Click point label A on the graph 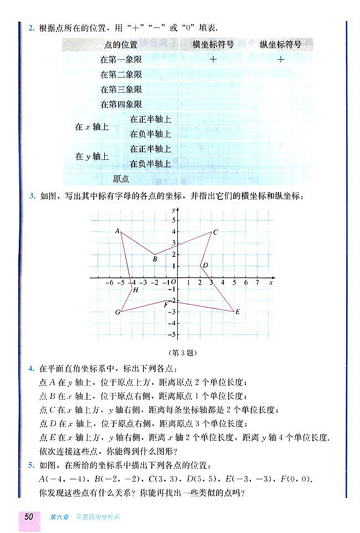pyautogui.click(x=117, y=231)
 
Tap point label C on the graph pyautogui.click(x=215, y=232)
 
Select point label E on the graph pyautogui.click(x=238, y=312)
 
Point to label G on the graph pyautogui.click(x=117, y=313)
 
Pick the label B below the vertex pyautogui.click(x=155, y=259)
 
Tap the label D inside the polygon pyautogui.click(x=205, y=266)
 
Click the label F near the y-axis pyautogui.click(x=166, y=304)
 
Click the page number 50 pyautogui.click(x=29, y=516)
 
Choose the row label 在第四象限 pyautogui.click(x=121, y=104)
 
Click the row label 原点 pyautogui.click(x=121, y=178)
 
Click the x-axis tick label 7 pyautogui.click(x=257, y=283)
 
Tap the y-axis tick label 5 pyautogui.click(x=173, y=220)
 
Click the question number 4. pyautogui.click(x=31, y=368)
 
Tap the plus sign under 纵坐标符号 pyautogui.click(x=281, y=60)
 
